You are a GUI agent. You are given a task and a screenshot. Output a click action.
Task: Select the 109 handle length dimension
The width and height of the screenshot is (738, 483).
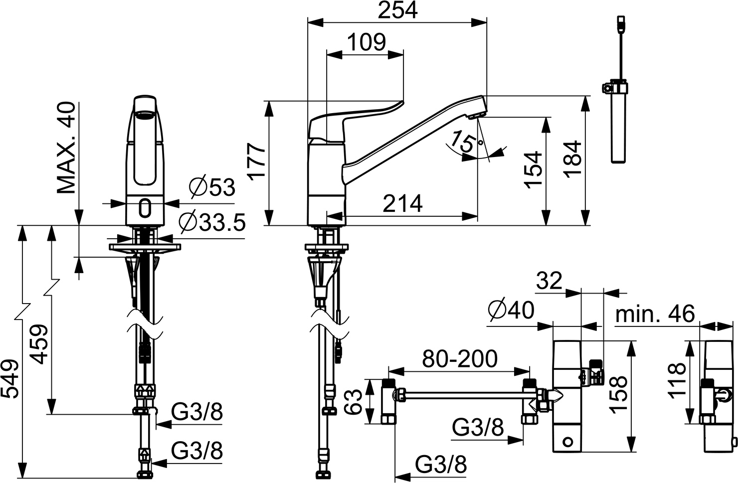367,42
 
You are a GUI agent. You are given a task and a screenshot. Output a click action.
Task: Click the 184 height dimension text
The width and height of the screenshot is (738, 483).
573,160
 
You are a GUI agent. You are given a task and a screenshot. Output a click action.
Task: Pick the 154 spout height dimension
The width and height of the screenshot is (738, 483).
533,169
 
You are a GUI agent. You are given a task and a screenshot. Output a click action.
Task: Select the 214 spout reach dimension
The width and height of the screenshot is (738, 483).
402,204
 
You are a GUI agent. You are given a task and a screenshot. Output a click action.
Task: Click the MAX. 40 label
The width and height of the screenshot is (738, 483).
66,148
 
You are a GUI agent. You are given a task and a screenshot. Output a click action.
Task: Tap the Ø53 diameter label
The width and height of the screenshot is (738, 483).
212,188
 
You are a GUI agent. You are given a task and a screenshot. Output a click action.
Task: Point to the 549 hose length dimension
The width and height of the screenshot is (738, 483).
9,379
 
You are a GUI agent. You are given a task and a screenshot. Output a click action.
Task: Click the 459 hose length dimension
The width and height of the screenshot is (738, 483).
39,344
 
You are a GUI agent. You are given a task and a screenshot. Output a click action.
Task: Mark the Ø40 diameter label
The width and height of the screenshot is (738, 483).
511,310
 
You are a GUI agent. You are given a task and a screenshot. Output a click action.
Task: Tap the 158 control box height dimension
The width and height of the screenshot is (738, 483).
617,394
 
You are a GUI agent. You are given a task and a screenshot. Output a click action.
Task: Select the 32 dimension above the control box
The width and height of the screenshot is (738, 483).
549,281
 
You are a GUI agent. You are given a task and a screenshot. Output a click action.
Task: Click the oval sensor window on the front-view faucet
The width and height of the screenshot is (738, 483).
145,208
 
